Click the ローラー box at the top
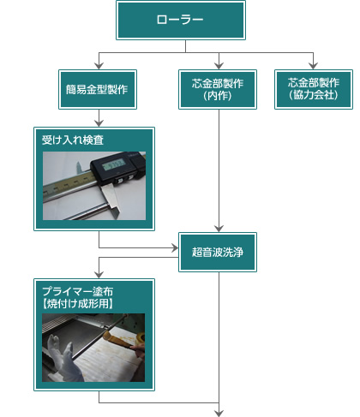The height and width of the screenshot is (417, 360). [181, 20]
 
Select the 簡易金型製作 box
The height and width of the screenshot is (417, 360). [98, 89]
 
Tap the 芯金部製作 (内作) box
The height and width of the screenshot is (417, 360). [218, 89]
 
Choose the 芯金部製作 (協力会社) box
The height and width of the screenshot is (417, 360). [314, 89]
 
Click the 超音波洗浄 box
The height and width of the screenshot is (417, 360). [218, 252]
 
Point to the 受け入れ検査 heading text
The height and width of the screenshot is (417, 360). [73, 140]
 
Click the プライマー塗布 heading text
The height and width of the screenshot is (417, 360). [78, 291]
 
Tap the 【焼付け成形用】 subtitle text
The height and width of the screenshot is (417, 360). [78, 303]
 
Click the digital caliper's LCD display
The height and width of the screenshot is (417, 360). [114, 164]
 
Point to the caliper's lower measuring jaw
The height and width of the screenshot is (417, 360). [112, 201]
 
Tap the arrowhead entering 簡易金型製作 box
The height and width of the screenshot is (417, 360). [99, 66]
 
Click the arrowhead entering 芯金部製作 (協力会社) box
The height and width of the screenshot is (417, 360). [314, 66]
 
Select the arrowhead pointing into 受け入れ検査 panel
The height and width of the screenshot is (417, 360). [99, 123]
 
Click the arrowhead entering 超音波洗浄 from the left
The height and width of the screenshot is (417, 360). [175, 247]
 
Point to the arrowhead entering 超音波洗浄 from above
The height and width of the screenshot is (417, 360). [219, 229]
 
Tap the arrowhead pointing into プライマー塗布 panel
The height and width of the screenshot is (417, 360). [99, 275]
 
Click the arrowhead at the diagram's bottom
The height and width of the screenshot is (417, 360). [219, 414]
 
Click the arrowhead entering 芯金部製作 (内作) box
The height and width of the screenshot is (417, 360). [219, 66]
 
